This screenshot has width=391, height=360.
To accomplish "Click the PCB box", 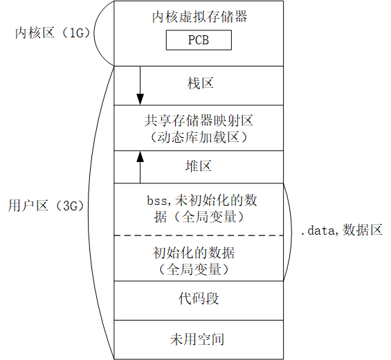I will [199, 41].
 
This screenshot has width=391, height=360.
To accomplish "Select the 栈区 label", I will [199, 84].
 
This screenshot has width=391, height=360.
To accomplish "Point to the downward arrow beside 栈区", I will [140, 84].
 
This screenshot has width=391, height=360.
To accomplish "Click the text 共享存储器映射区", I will [199, 120].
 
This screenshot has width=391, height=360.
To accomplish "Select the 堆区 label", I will [199, 166].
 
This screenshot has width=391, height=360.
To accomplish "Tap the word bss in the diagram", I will [157, 200].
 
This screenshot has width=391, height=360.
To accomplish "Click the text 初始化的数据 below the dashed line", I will [199, 251].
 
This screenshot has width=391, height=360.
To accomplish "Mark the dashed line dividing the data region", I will [199, 235].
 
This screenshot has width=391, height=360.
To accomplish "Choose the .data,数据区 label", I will [341, 231].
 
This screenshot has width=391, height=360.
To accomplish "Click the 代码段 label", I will [199, 299].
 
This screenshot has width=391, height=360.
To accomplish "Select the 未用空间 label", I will [199, 339].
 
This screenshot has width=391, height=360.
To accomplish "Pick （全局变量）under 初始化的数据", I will [199, 268].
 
